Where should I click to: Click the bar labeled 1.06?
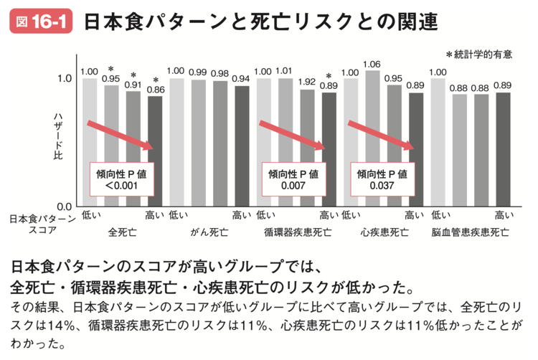click(372, 136)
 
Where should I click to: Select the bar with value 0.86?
click(155, 151)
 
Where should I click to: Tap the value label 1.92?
click(307, 82)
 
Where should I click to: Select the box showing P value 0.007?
click(291, 179)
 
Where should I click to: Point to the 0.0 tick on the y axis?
click(63, 207)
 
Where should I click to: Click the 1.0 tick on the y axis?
click(63, 78)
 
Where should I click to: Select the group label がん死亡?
click(209, 232)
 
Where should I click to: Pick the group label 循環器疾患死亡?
click(298, 232)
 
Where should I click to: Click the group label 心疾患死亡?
click(384, 232)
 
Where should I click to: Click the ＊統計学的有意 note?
click(483, 54)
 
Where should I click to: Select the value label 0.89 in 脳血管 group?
click(503, 85)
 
